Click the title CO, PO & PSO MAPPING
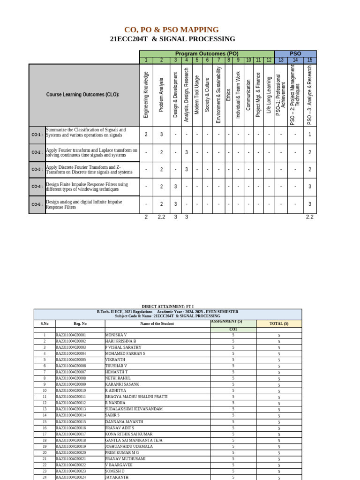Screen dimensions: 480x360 [171, 30]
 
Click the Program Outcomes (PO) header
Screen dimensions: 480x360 [206, 54]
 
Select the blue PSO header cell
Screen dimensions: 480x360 [295, 54]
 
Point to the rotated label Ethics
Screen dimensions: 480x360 [228, 100]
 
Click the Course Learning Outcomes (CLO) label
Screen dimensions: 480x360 [82, 95]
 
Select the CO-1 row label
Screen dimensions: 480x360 [37, 135]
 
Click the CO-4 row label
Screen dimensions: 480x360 [37, 187]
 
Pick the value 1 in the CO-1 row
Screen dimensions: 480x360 [309, 135]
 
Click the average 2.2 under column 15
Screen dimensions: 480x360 [309, 217]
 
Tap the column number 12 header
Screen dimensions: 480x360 [269, 60]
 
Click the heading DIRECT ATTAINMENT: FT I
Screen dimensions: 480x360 [167, 306]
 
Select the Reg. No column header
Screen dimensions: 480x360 [80, 323]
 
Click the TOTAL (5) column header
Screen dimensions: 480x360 [279, 323]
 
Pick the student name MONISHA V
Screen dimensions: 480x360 [116, 335]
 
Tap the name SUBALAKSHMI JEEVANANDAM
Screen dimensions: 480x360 [134, 409]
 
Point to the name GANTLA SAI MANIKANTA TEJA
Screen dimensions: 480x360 [134, 440]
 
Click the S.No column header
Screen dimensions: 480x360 [45, 323]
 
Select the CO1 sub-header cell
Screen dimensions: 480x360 [233, 330]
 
